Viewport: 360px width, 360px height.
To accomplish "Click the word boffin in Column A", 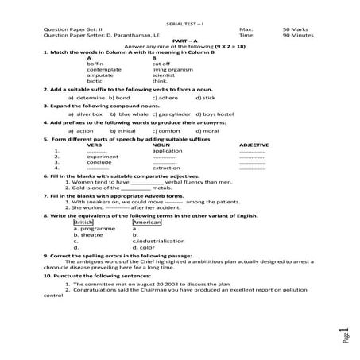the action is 95,64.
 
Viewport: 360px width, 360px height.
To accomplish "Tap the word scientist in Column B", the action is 164,75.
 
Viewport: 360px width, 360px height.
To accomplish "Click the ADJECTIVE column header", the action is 254,145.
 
